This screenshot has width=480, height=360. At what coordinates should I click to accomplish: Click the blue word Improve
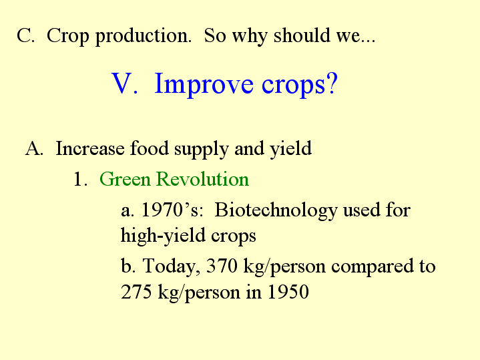pyautogui.click(x=204, y=84)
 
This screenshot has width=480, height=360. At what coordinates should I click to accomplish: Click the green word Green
pyautogui.click(x=125, y=179)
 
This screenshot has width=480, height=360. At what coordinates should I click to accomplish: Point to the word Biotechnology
pyautogui.click(x=276, y=212)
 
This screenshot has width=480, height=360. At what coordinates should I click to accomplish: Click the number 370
pyautogui.click(x=222, y=266)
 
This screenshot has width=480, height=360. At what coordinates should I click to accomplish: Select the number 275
pyautogui.click(x=136, y=291)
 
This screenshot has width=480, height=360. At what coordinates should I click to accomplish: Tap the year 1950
pyautogui.click(x=288, y=291)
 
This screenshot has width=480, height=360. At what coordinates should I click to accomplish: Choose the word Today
pyautogui.click(x=172, y=266)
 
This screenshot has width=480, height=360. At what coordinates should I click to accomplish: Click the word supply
pyautogui.click(x=202, y=150)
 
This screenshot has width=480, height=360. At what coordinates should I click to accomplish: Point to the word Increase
pyautogui.click(x=90, y=148)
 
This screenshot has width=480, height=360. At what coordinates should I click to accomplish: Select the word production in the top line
pyautogui.click(x=144, y=37)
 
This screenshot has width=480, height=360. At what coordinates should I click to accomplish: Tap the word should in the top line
pyautogui.click(x=302, y=35)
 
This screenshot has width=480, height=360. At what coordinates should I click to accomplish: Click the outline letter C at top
pyautogui.click(x=25, y=35)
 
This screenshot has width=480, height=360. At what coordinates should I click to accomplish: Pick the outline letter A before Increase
pyautogui.click(x=34, y=148)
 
